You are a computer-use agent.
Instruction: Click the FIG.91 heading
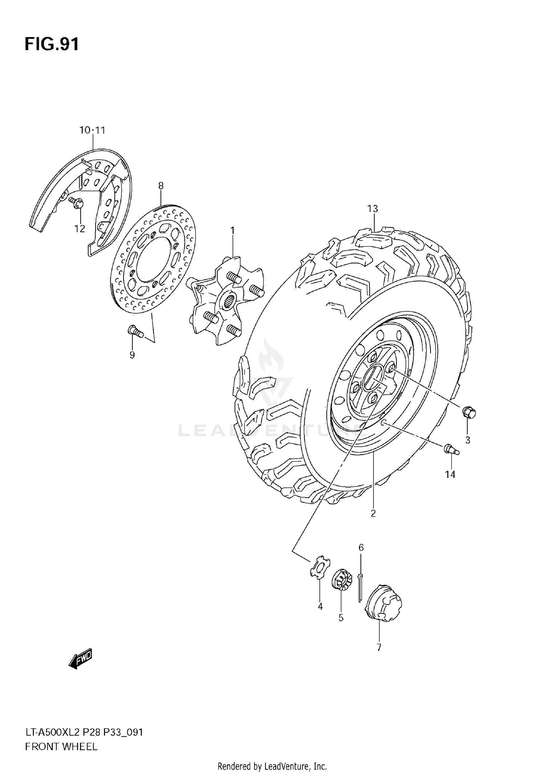[52, 44]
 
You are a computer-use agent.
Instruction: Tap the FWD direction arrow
[81, 658]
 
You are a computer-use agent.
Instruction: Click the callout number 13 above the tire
[372, 209]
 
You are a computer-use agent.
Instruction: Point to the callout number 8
[161, 186]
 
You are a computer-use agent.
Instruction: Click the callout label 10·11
[92, 130]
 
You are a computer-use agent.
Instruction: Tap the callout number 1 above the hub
[233, 231]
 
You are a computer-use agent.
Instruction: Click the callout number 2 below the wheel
[373, 513]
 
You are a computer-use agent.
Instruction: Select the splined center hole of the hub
[230, 301]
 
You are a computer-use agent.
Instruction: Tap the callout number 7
[379, 648]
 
